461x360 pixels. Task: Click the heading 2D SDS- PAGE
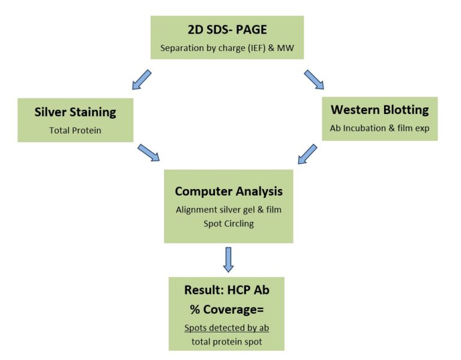(x=227, y=29)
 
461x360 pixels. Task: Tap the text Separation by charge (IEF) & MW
(x=227, y=48)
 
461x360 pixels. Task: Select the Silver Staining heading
(x=75, y=112)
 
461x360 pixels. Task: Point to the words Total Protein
(x=75, y=130)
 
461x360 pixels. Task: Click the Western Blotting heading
(x=379, y=110)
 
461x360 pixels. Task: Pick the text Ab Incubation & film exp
(x=379, y=128)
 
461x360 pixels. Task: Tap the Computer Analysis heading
(x=229, y=191)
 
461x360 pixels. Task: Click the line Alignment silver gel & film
(x=229, y=209)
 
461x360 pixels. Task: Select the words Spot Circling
(x=229, y=224)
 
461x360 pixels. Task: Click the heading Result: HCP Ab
(x=227, y=290)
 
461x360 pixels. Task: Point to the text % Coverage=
(x=227, y=310)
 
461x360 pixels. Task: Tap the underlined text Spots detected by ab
(x=227, y=328)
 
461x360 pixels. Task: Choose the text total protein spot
(x=227, y=342)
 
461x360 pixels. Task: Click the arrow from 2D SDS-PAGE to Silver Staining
(x=142, y=79)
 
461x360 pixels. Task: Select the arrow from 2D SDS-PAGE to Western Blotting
(x=314, y=79)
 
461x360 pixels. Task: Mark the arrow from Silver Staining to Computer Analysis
(x=148, y=152)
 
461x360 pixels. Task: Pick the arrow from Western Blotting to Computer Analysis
(x=307, y=154)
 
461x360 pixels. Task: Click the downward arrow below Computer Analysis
(x=229, y=259)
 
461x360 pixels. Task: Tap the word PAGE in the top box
(x=252, y=29)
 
